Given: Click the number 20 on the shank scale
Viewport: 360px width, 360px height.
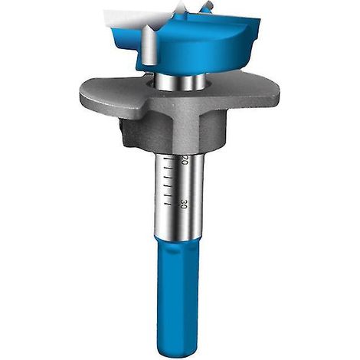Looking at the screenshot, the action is coord(184,159).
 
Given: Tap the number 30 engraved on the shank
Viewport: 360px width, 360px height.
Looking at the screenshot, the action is coord(183,204).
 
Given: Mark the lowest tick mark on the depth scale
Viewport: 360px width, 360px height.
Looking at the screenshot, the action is coord(167,204).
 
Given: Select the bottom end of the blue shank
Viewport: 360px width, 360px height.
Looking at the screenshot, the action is coord(176,354).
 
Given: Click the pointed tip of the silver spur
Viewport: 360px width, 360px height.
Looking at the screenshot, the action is coord(146,26).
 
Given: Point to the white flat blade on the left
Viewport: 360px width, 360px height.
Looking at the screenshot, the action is coord(136,17).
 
